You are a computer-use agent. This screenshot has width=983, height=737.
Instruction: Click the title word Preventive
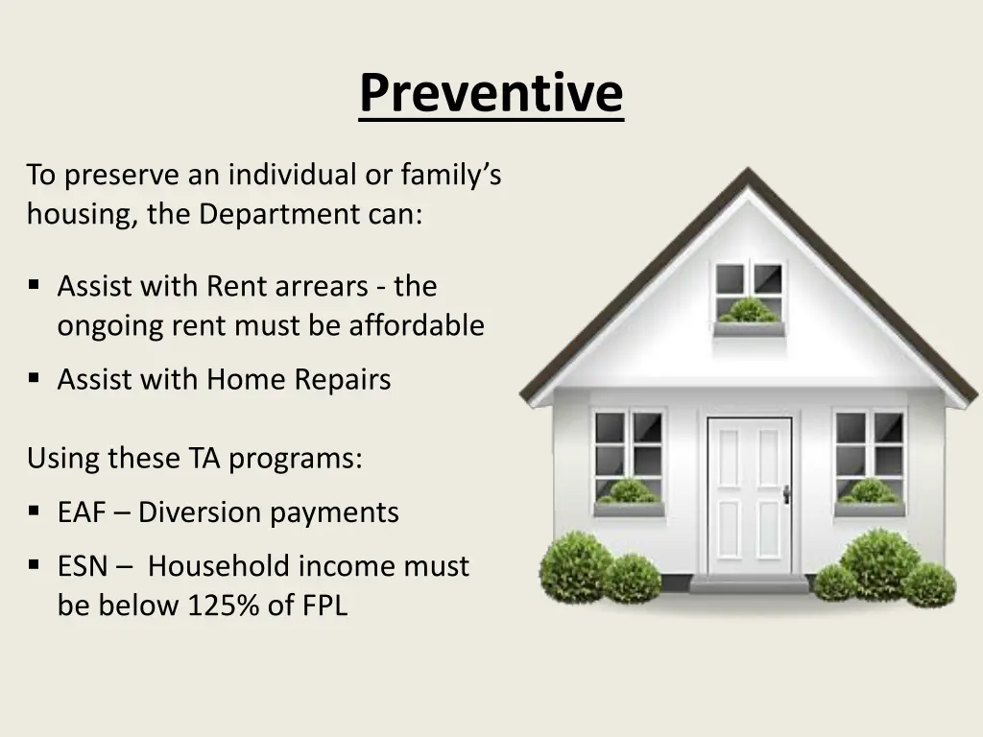pyautogui.click(x=491, y=93)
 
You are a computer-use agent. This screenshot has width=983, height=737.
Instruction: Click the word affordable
pyautogui.click(x=417, y=325)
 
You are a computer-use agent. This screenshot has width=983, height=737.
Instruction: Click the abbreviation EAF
pyautogui.click(x=83, y=512)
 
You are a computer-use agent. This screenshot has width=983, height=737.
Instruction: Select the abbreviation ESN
pyautogui.click(x=83, y=566)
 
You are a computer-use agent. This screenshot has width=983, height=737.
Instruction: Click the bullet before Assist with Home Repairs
pyautogui.click(x=34, y=378)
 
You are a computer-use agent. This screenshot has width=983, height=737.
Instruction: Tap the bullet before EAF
pyautogui.click(x=34, y=511)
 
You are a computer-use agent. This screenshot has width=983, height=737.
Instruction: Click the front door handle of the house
pyautogui.click(x=785, y=494)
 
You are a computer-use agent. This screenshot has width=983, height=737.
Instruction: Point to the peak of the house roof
pyautogui.click(x=747, y=169)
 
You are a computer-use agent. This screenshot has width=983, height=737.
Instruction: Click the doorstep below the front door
pyautogui.click(x=749, y=584)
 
